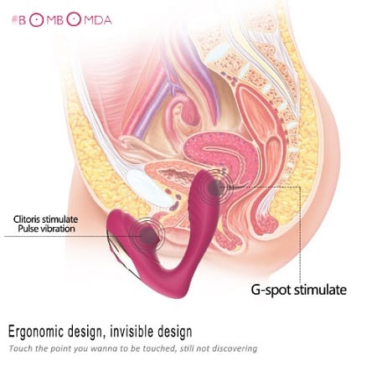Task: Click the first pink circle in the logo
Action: coord(37,20)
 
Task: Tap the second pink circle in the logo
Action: coord(74,19)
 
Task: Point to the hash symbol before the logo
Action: coord(14,20)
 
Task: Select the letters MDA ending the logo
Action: coord(98,20)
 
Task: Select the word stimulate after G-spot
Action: coord(320,290)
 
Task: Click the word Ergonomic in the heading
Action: coord(36,332)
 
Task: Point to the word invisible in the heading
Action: coord(132,331)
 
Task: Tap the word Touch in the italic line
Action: coord(18,348)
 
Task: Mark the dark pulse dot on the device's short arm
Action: coord(148,236)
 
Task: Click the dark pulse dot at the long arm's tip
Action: coord(215,188)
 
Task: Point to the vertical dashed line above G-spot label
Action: coord(300,234)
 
